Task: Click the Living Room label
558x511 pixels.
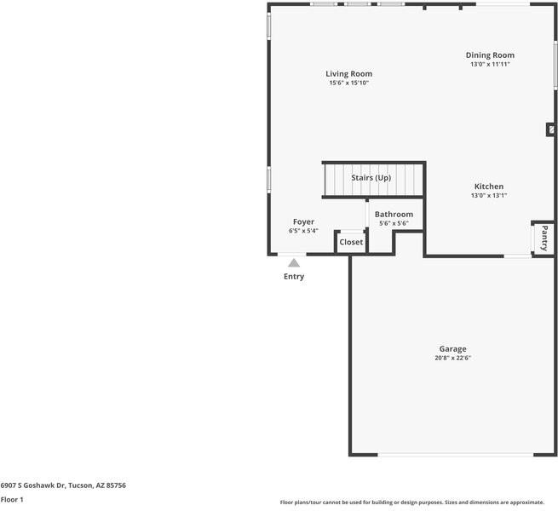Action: pos(348,73)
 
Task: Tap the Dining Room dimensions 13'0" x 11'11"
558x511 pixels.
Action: pos(490,64)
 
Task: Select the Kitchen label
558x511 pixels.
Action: pos(489,187)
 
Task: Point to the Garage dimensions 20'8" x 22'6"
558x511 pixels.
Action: pos(452,358)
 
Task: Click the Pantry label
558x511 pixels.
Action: pos(544,238)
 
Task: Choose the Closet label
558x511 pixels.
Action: pos(351,242)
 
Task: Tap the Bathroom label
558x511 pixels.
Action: pos(394,215)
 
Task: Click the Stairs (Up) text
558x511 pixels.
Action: pos(371,177)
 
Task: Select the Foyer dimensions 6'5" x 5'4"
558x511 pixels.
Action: pos(303,231)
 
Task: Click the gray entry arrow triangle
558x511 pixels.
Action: pos(294,263)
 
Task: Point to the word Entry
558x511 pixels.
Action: pos(294,277)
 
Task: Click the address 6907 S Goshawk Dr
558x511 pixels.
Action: pos(33,485)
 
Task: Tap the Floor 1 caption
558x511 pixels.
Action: pos(12,500)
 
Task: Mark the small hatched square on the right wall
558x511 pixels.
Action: pos(551,130)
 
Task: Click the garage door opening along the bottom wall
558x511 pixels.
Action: pos(456,455)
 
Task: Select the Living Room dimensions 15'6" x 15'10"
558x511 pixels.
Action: pos(348,83)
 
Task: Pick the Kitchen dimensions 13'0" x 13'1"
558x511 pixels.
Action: pos(489,195)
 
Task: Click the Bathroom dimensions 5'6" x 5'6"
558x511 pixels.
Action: pos(394,223)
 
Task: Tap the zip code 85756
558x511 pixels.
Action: pos(116,485)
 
